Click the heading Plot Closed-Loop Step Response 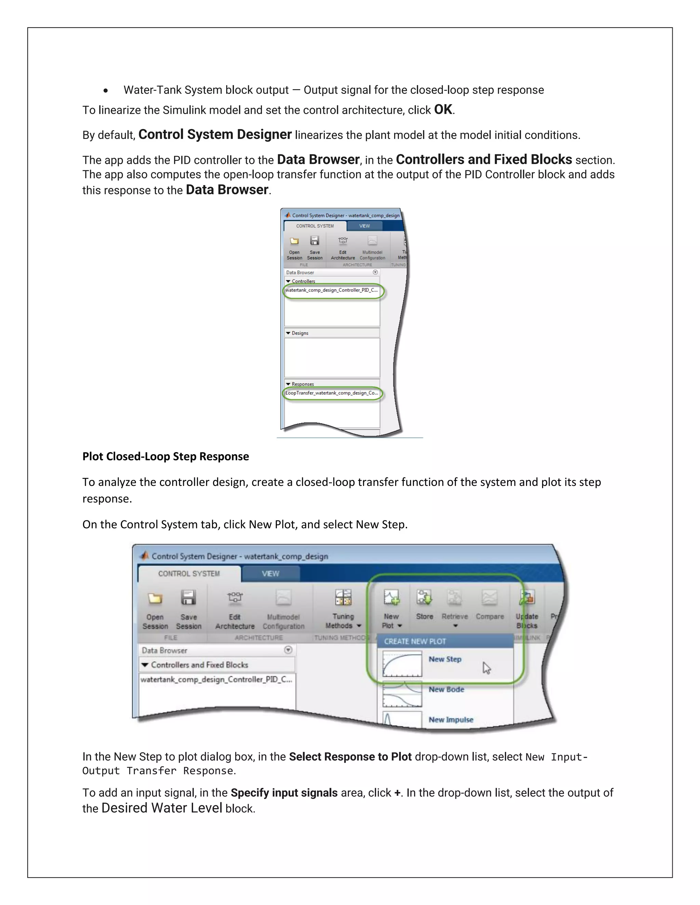click(x=165, y=456)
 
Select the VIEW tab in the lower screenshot click(x=270, y=573)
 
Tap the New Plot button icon click(x=391, y=598)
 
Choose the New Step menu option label click(x=445, y=659)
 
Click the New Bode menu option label click(x=446, y=689)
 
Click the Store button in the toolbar click(x=424, y=598)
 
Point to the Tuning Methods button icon click(x=343, y=598)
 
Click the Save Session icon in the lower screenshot click(x=188, y=598)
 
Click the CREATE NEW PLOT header click(x=415, y=641)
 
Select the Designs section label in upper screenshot click(x=300, y=333)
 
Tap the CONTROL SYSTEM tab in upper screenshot click(x=315, y=226)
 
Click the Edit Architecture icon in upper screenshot click(x=342, y=240)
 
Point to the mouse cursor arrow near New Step click(x=486, y=668)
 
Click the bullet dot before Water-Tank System click(x=106, y=90)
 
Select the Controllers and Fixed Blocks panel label click(x=199, y=665)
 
